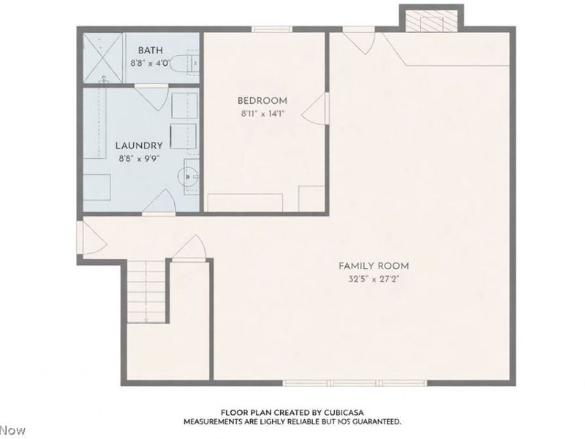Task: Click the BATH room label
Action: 150,50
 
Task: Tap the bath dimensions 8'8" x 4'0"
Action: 150,63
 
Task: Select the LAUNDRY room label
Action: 139,145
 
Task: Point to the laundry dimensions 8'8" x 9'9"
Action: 139,157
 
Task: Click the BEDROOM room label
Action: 262,100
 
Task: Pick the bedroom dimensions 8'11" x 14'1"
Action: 262,113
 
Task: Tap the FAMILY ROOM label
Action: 373,266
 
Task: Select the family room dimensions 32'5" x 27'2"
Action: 373,279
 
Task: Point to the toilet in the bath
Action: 190,61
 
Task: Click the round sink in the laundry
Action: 188,176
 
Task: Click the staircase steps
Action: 146,293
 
